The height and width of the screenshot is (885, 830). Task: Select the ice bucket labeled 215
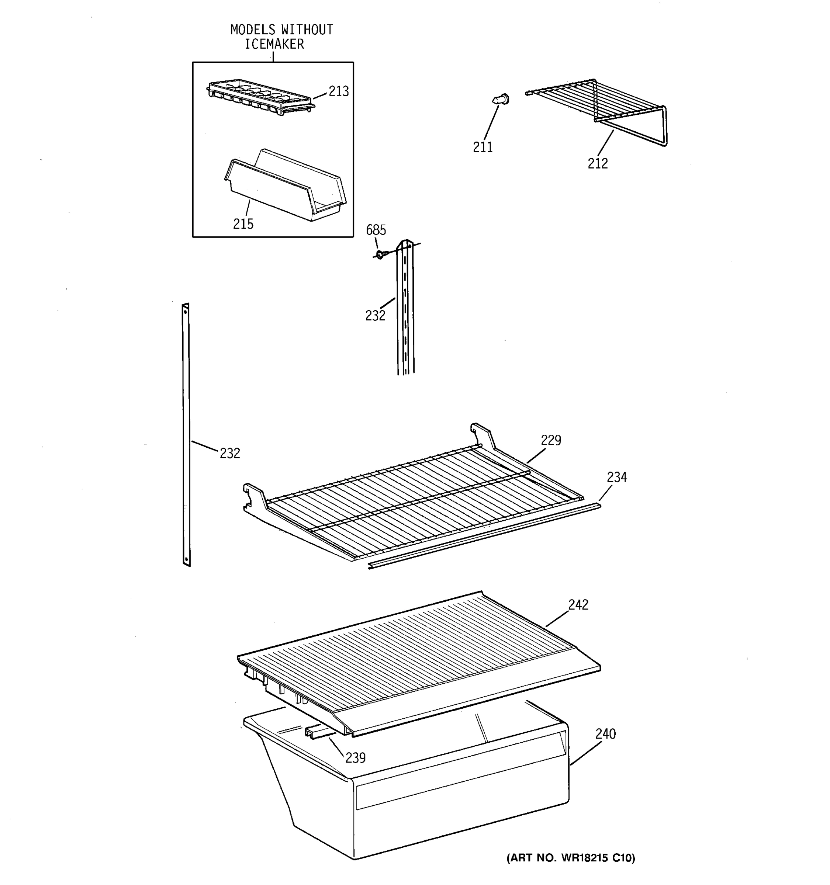[x=285, y=187]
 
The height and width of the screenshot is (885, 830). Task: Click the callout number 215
[x=243, y=224]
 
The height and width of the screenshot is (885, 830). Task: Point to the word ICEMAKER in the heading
[x=274, y=44]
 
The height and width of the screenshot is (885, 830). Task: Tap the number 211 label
[x=483, y=147]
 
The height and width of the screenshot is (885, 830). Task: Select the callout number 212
[x=597, y=164]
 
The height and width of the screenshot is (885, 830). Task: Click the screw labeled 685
[x=379, y=255]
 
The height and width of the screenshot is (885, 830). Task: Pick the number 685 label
[x=376, y=230]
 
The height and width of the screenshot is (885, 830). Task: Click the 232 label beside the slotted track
[x=375, y=316]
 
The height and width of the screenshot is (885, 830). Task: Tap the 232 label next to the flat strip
[x=230, y=453]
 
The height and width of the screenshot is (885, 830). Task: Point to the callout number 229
[x=551, y=440]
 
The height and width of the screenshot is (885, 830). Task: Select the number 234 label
[x=617, y=477]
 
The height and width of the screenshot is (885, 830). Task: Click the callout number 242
[x=578, y=604]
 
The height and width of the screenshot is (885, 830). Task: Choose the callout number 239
[x=355, y=758]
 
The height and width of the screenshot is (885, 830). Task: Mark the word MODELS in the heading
[x=253, y=30]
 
